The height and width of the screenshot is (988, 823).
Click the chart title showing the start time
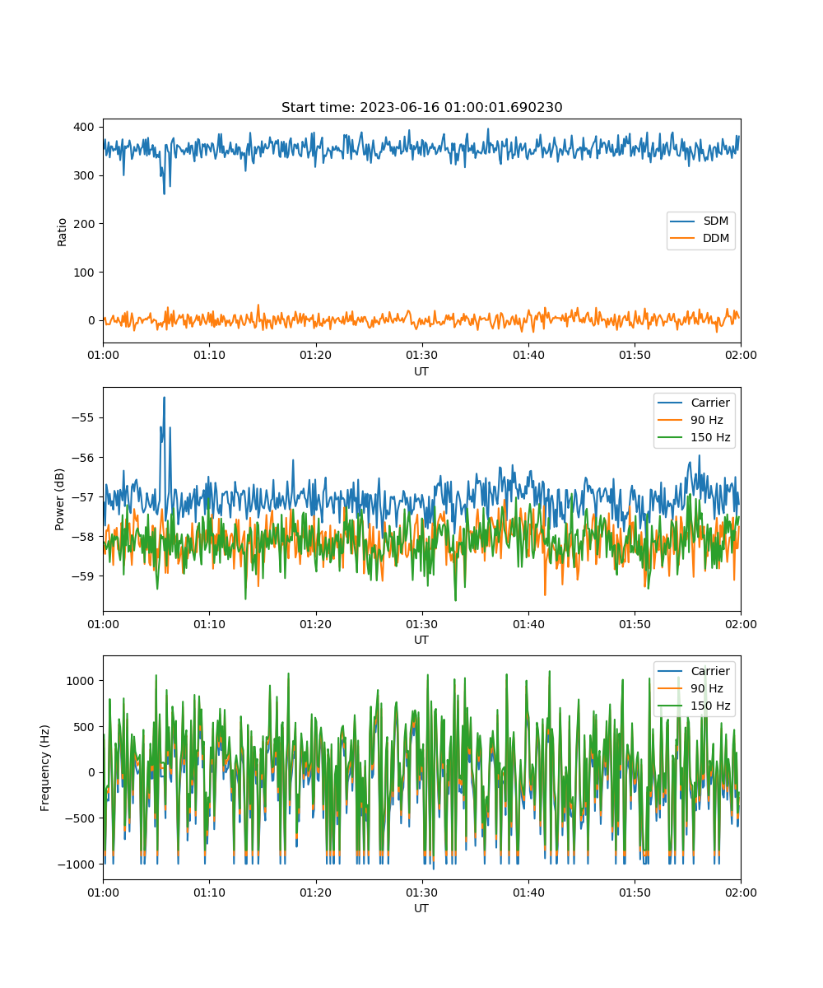[421, 107]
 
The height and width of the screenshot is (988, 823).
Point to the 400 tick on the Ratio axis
[84, 127]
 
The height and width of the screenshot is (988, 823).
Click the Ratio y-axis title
[62, 232]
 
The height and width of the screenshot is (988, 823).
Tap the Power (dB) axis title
[59, 499]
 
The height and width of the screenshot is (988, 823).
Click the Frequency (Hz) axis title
[45, 768]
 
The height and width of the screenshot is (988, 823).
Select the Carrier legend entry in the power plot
[694, 403]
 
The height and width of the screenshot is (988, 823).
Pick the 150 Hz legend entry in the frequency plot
[694, 706]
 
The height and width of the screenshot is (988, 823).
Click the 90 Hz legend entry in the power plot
[690, 420]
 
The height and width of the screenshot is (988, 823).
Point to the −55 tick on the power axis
[83, 417]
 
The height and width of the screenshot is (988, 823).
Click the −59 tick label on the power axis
[83, 576]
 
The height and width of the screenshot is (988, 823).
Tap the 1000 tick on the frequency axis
[81, 681]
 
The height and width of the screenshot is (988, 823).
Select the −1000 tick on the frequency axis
[77, 864]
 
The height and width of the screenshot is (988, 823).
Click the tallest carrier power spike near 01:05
[164, 398]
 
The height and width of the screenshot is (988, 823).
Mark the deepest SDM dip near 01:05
[164, 193]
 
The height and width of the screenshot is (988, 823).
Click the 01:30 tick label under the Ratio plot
[422, 355]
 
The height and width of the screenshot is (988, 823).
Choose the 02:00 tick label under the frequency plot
[741, 892]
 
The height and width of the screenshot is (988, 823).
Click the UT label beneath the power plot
[421, 640]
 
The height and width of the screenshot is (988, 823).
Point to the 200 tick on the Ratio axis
[84, 224]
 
